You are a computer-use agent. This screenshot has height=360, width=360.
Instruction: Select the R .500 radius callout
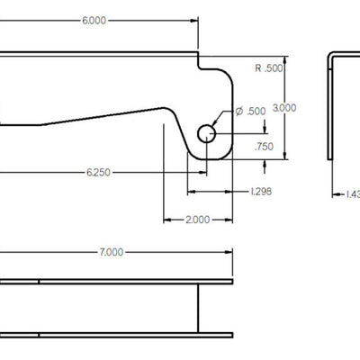pyautogui.click(x=269, y=68)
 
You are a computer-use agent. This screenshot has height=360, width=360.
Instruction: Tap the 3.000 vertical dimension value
pyautogui.click(x=284, y=107)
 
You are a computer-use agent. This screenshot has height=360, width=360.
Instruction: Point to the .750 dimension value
pyautogui.click(x=264, y=146)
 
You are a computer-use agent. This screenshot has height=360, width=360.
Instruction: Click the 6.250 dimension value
pyautogui.click(x=99, y=170)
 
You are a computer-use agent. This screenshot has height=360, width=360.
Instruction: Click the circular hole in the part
pyautogui.click(x=207, y=134)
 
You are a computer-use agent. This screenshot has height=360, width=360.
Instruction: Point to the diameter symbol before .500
pyautogui.click(x=240, y=111)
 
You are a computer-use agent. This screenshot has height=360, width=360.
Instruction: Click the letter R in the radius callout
pyautogui.click(x=258, y=68)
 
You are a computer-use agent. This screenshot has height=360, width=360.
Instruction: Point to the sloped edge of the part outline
pyautogui.click(x=99, y=114)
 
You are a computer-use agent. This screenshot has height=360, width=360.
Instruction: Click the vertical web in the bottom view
pyautogui.click(x=195, y=310)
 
